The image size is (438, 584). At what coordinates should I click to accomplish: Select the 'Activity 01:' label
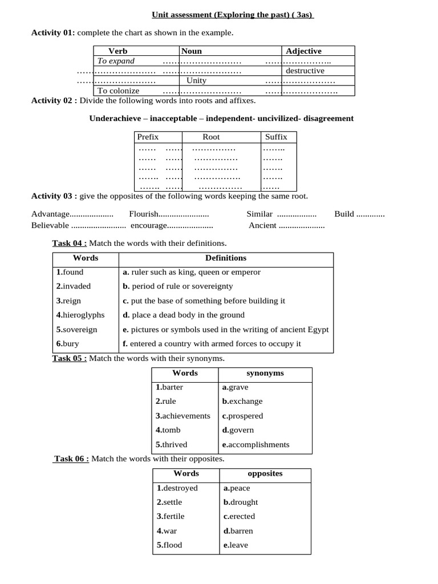[52, 33]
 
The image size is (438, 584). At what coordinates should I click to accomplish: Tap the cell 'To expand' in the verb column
[116, 61]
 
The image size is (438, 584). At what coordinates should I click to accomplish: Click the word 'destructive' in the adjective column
[305, 71]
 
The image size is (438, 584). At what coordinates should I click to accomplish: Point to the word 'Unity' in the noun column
[197, 80]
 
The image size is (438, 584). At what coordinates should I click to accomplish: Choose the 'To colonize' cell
[118, 90]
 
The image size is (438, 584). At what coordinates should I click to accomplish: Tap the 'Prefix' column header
[148, 137]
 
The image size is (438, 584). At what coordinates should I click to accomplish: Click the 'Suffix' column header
[276, 137]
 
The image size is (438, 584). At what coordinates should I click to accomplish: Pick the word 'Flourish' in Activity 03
[143, 214]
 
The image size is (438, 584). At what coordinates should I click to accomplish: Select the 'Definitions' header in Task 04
[226, 258]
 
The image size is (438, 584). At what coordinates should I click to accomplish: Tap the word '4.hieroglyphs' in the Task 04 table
[80, 315]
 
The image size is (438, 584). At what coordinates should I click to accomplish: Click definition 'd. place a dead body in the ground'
[183, 315]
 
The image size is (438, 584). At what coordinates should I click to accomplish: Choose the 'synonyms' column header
[265, 374]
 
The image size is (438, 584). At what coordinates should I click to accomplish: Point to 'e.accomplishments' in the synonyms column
[255, 445]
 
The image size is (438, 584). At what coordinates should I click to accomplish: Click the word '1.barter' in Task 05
[169, 387]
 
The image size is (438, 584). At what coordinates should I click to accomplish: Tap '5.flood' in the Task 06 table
[169, 545]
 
